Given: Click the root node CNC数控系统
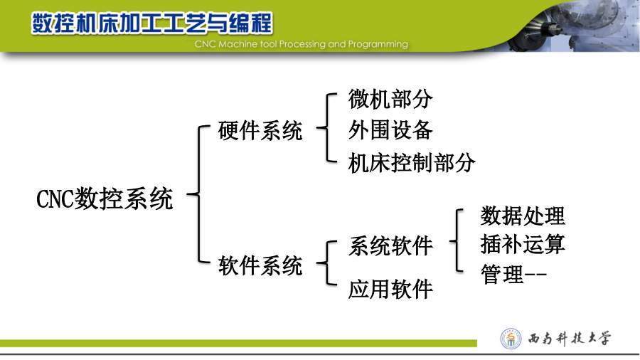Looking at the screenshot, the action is coord(105,198).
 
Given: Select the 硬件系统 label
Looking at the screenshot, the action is coord(260,131).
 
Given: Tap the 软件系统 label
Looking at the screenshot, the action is coord(260,265).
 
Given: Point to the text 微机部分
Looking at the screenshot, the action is coord(390,99).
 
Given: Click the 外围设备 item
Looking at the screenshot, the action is coord(390,130).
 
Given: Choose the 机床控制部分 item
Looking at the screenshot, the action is coord(412,163).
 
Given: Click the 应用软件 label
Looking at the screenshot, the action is coord(390,289).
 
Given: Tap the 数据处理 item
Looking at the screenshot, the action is coord(523,216).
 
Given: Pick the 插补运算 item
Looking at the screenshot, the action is coord(523,244).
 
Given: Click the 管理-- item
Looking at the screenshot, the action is coord(513,274).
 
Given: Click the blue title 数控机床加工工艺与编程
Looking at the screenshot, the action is coord(152,23).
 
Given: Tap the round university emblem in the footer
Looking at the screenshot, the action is coord(511,339).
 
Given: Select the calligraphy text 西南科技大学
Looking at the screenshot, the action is coord(570,339).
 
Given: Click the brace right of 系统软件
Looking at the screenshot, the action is coord(457,240).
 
